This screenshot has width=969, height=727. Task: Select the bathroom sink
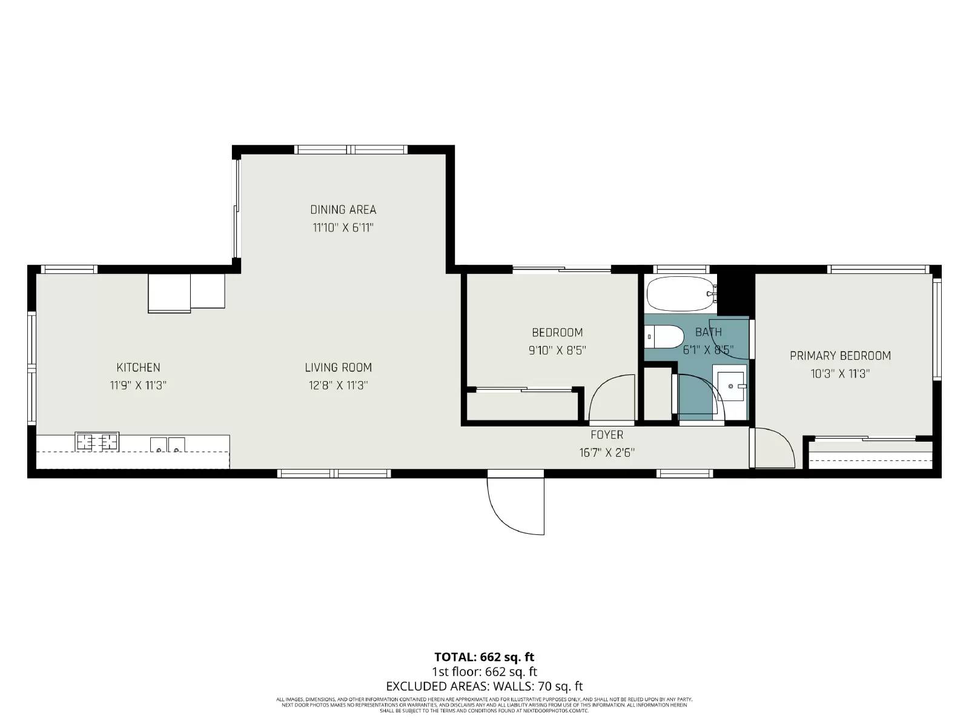click(x=732, y=385)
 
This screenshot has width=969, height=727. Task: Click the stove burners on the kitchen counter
click(x=97, y=442)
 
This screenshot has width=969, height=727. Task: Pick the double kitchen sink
click(x=168, y=445)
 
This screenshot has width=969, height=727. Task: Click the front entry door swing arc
click(x=515, y=506)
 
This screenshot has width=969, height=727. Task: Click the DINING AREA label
click(x=343, y=210)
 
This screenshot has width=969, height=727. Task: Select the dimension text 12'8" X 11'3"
click(x=338, y=385)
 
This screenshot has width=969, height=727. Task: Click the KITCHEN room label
click(x=138, y=367)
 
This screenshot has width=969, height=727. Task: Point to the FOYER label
click(x=607, y=435)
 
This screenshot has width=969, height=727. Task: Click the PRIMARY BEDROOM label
click(x=840, y=356)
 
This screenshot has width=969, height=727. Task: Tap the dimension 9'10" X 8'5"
click(x=557, y=350)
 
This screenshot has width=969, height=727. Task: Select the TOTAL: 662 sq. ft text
click(x=484, y=657)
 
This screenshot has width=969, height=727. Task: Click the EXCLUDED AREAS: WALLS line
click(x=484, y=686)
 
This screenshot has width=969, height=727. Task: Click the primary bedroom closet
click(x=871, y=454)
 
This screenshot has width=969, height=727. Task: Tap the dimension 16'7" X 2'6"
click(x=607, y=453)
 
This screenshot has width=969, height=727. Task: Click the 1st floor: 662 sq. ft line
click(x=484, y=672)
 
